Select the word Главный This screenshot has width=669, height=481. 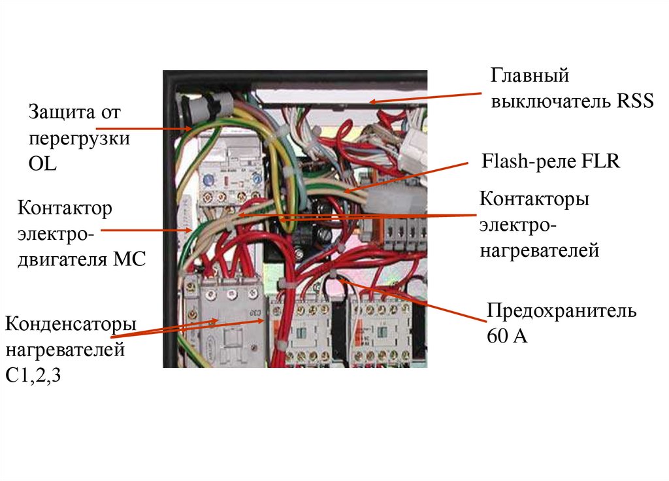(x=530, y=76)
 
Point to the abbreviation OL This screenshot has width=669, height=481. (x=42, y=164)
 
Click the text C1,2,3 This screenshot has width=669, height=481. (x=33, y=376)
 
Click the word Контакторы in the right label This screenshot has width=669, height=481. (x=534, y=199)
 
